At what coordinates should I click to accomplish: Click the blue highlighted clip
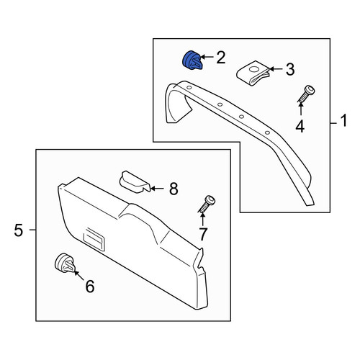point(192,60)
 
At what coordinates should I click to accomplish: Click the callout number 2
point(221,58)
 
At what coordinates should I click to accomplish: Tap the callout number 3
point(290,69)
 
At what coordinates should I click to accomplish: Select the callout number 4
point(300,126)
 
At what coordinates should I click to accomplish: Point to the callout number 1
point(344,121)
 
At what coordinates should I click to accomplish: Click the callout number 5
point(19,230)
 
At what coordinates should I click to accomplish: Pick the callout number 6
point(90,286)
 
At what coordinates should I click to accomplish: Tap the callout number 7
point(203,234)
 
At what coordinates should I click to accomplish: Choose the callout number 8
point(174,189)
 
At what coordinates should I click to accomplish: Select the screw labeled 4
point(306,95)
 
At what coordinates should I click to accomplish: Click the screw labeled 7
point(207,204)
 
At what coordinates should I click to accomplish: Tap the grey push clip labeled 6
point(64,264)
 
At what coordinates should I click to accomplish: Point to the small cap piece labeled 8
point(135,182)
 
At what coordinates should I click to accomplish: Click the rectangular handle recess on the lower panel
point(94,239)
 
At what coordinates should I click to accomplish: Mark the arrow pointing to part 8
point(157,189)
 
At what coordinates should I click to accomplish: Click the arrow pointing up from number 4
point(300,110)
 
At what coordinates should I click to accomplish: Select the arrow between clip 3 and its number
point(276,69)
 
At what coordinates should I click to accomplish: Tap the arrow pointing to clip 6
point(79,275)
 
